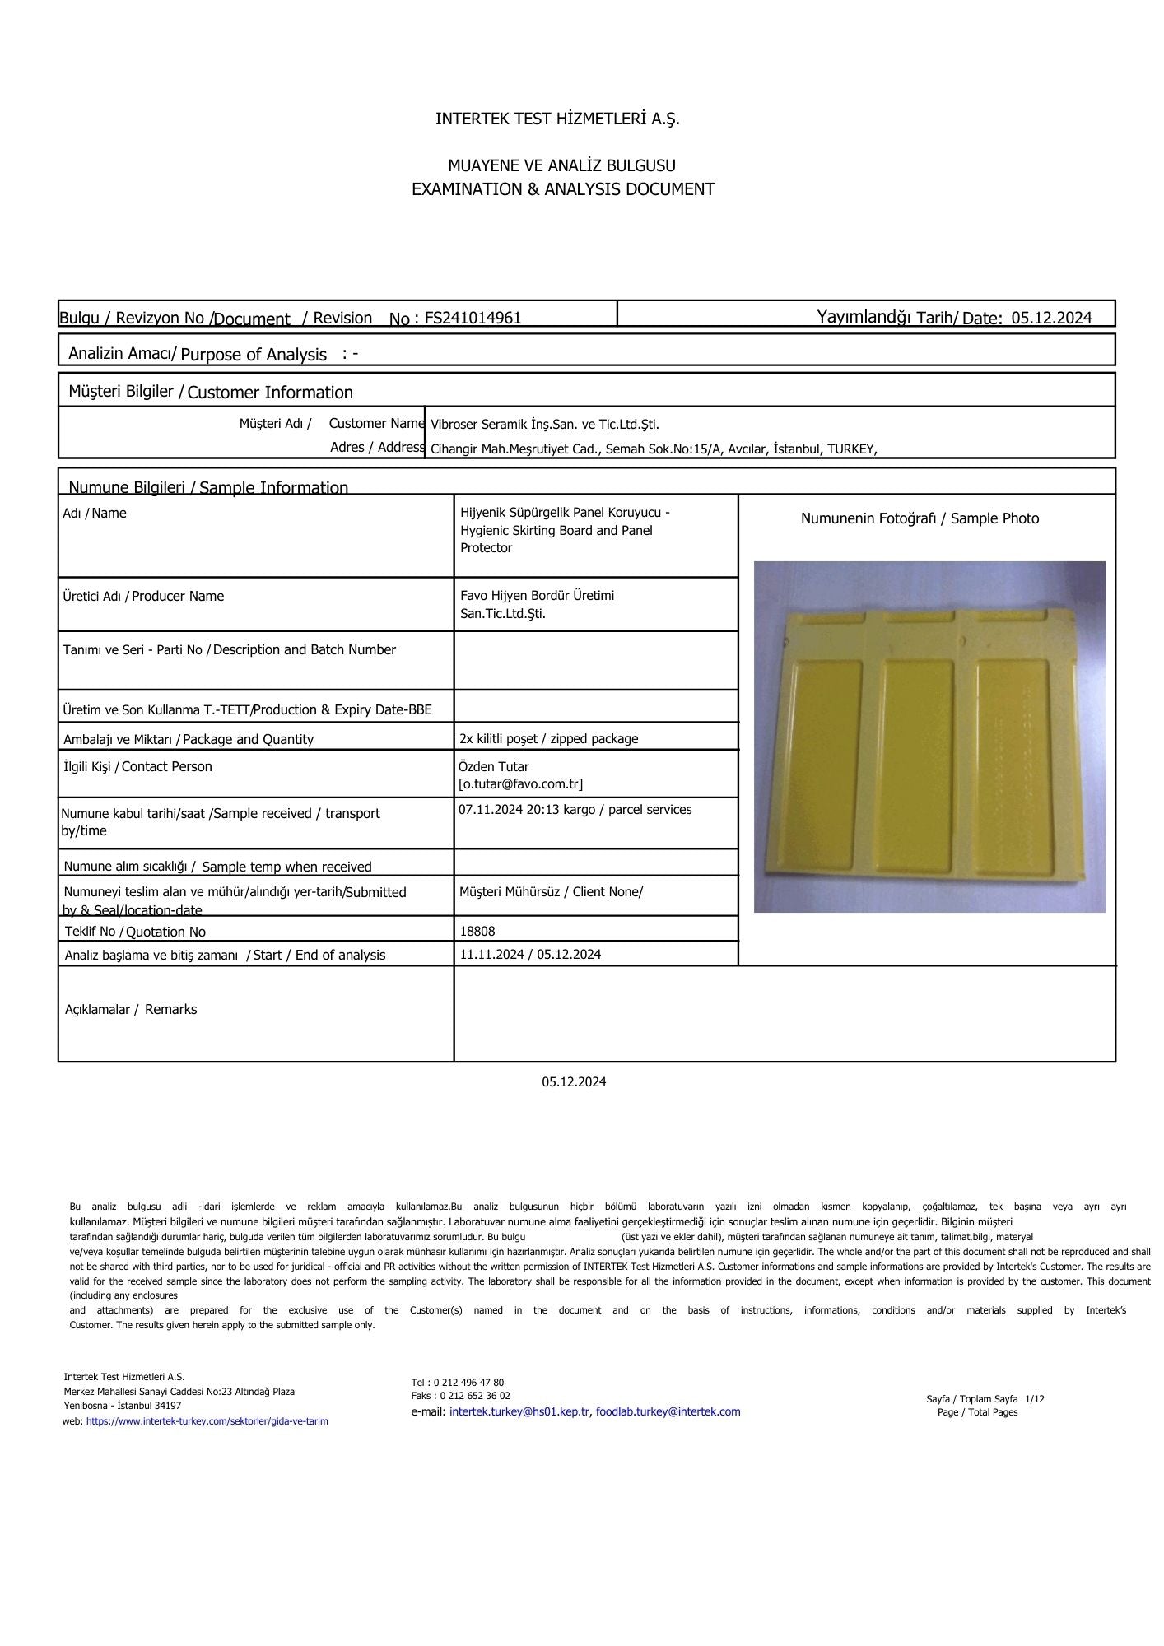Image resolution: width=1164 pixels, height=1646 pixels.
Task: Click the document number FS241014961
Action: tap(473, 319)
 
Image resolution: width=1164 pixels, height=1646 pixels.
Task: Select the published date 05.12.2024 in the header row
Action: tap(1051, 319)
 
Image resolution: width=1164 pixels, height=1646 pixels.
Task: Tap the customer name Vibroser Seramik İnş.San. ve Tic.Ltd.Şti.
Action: tap(544, 425)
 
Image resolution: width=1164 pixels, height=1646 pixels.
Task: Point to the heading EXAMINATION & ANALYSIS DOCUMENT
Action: tap(563, 189)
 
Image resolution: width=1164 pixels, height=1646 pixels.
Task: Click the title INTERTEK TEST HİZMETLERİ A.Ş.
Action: tap(557, 119)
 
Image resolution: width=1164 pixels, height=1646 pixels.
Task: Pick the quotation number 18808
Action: tap(477, 932)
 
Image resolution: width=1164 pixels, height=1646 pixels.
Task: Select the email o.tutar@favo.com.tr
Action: tap(521, 784)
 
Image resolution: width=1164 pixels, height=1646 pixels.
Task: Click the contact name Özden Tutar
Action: tap(494, 767)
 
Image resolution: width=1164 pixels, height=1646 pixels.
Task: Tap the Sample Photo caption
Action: tap(920, 518)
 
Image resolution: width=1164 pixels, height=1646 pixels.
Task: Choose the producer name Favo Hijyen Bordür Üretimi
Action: tap(537, 596)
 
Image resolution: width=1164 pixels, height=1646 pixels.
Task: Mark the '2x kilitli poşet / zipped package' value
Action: tap(548, 739)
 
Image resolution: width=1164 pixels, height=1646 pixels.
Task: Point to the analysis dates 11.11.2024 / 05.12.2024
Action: tap(530, 955)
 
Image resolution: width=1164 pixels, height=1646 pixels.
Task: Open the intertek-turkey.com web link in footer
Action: tap(207, 1421)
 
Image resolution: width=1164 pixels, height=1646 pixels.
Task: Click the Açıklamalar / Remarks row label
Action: tap(131, 1010)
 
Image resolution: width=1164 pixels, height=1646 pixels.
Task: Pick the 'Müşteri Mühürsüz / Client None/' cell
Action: tap(551, 892)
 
